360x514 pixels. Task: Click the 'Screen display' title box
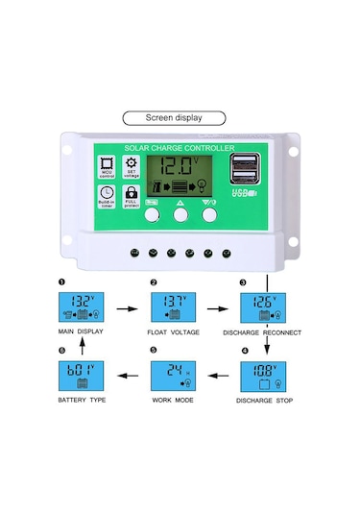174,117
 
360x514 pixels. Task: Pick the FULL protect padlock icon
132,195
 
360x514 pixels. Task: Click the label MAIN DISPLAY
79,334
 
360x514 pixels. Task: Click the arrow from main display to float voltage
126,310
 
